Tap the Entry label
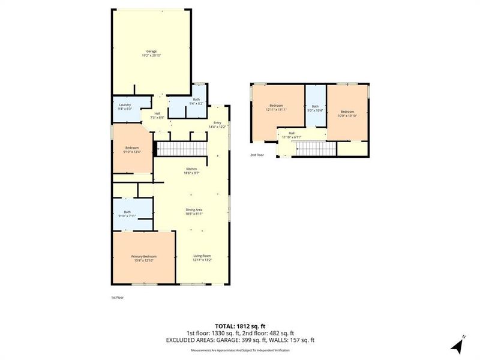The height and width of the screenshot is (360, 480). pyautogui.click(x=217, y=124)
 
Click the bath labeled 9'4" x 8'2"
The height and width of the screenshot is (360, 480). pyautogui.click(x=196, y=101)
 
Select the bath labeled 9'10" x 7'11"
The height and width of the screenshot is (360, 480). pyautogui.click(x=127, y=214)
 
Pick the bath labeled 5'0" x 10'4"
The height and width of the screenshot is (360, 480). pyautogui.click(x=315, y=108)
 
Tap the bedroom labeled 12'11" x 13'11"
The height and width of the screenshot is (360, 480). pyautogui.click(x=277, y=108)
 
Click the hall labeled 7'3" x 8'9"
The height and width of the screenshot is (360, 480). pyautogui.click(x=157, y=115)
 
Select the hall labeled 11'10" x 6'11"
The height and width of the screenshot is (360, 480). pyautogui.click(x=292, y=135)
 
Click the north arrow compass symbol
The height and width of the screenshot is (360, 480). pyautogui.click(x=458, y=345)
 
